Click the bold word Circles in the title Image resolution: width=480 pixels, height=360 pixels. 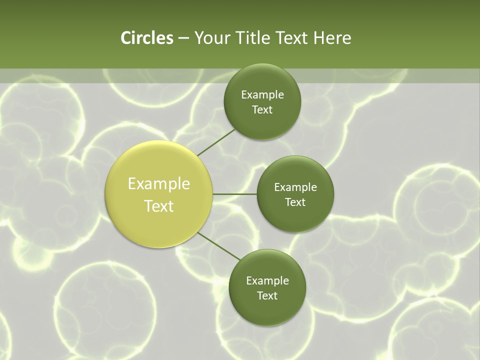pyautogui.click(x=146, y=38)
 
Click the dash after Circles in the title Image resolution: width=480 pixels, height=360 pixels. pyautogui.click(x=183, y=38)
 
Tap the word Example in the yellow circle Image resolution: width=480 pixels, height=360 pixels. pyautogui.click(x=159, y=184)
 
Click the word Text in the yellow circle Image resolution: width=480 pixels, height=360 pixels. pyautogui.click(x=159, y=206)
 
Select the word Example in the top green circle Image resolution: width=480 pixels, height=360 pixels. pyautogui.click(x=262, y=95)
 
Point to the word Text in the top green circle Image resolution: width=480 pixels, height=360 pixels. pyautogui.click(x=262, y=110)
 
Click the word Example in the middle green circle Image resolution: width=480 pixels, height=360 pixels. pyautogui.click(x=295, y=187)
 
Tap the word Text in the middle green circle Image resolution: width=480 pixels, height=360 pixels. pyautogui.click(x=295, y=202)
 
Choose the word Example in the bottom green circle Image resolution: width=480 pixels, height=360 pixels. pyautogui.click(x=267, y=281)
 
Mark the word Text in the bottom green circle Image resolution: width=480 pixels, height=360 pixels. pyautogui.click(x=267, y=296)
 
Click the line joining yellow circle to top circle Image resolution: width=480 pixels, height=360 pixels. pyautogui.click(x=216, y=141)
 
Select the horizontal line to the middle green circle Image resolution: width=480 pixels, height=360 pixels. pyautogui.click(x=235, y=194)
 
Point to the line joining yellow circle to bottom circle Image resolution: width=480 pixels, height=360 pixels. pyautogui.click(x=218, y=245)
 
